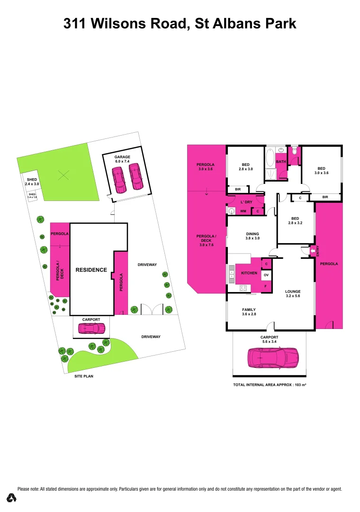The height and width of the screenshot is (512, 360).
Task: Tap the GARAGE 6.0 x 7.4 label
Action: [123, 159]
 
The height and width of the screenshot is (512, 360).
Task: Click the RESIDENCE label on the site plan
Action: [91, 270]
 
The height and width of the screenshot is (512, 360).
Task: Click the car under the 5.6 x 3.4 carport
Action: [273, 358]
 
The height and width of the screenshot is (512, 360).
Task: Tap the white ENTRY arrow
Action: [312, 250]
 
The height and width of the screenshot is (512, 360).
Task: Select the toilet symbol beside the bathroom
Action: [294, 152]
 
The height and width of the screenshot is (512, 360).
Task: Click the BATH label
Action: [281, 162]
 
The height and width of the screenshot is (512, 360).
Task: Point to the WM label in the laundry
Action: [243, 211]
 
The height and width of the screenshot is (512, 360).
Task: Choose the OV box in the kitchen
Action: [266, 275]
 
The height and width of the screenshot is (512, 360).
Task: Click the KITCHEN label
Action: [249, 274]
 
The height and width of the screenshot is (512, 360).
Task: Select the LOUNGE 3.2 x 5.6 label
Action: [293, 293]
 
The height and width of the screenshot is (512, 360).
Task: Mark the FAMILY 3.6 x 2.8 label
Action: [249, 312]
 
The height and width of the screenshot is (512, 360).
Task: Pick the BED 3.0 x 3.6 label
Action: [321, 171]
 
